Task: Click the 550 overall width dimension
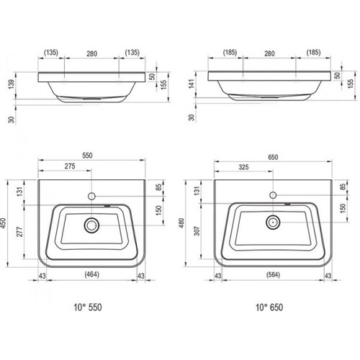[x=87, y=156]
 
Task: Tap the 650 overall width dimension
[x=273, y=157]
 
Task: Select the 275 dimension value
[x=70, y=166]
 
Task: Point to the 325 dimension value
[x=243, y=167]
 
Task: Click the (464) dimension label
[x=92, y=274]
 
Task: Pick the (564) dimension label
[x=273, y=274]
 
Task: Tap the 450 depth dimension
[x=4, y=223]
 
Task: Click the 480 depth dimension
[x=181, y=223]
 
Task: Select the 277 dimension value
[x=19, y=232]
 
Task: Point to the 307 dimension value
[x=197, y=231]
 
